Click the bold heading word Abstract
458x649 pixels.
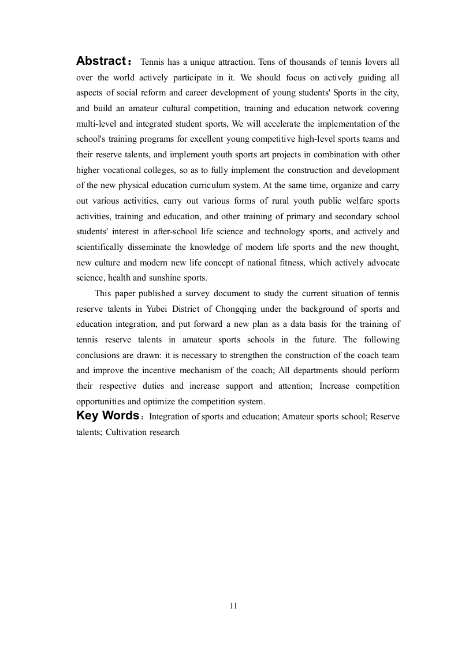pos(101,61)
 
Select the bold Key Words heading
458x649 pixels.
pos(107,415)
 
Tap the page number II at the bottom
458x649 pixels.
pos(233,606)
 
